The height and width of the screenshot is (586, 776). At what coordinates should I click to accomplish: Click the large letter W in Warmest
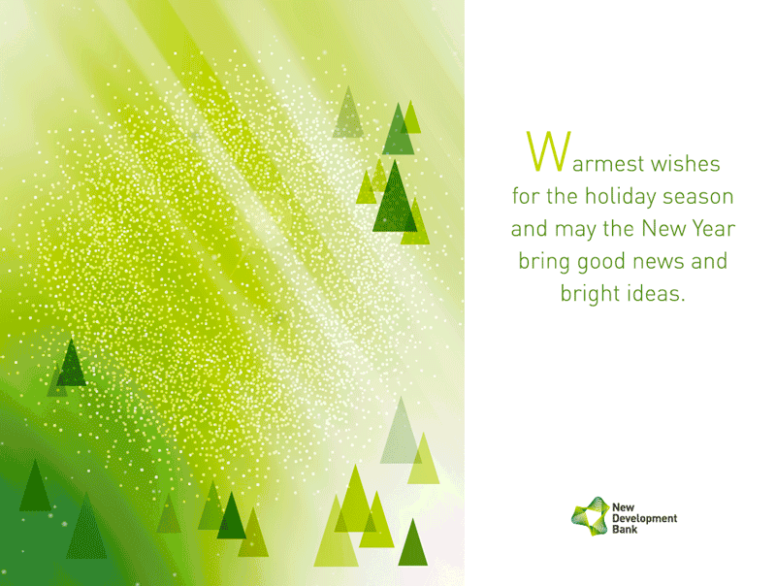coord(548,151)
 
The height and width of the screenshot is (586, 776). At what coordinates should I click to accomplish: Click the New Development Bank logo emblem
coord(590,516)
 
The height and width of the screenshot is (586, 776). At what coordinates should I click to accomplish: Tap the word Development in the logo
coord(644,519)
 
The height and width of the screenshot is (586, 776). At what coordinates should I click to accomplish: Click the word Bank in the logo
coord(625,530)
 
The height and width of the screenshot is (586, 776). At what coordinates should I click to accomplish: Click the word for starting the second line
coord(526,197)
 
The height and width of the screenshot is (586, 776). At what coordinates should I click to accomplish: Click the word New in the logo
coord(623,507)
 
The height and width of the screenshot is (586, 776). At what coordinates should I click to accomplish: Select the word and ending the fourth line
coord(709,261)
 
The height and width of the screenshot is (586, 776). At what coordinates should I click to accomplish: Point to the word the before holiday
coord(562,197)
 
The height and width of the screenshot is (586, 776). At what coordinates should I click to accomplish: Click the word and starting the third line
coord(529,229)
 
